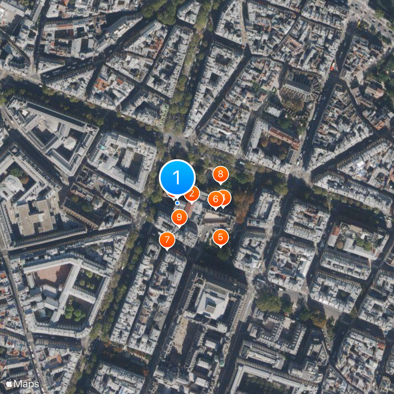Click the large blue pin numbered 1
pyautogui.click(x=177, y=176)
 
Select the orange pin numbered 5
pyautogui.click(x=220, y=237)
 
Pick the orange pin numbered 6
pyautogui.click(x=215, y=199)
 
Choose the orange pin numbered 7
pyautogui.click(x=167, y=240)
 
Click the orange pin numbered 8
pyautogui.click(x=221, y=174)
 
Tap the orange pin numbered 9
pyautogui.click(x=179, y=216)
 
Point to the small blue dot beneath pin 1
pyautogui.click(x=177, y=202)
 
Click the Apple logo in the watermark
pyautogui.click(x=9, y=384)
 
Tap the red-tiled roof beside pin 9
pyautogui.click(x=190, y=210)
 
